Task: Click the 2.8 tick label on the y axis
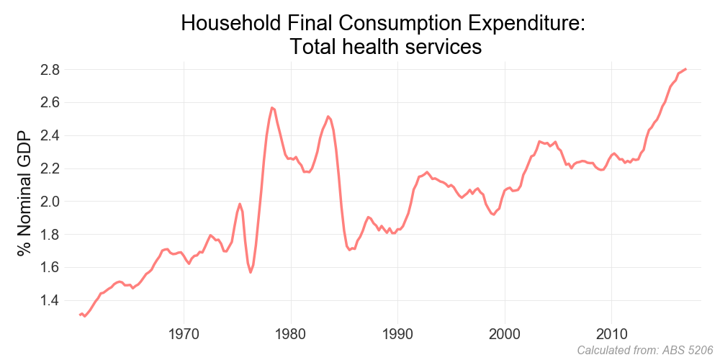click(49, 70)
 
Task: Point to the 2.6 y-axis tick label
click(49, 102)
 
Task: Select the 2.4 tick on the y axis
click(49, 135)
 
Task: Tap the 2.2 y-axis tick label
click(49, 168)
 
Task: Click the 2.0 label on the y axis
click(49, 202)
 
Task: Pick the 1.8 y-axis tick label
click(49, 235)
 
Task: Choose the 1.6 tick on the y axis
click(49, 267)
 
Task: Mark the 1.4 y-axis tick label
click(49, 300)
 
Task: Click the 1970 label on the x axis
click(184, 336)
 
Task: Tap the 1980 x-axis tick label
click(291, 336)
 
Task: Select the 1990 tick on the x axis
click(397, 336)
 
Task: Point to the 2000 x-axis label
click(504, 336)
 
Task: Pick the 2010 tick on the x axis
click(611, 336)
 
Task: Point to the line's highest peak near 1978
click(272, 107)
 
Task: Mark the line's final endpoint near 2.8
click(686, 69)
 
